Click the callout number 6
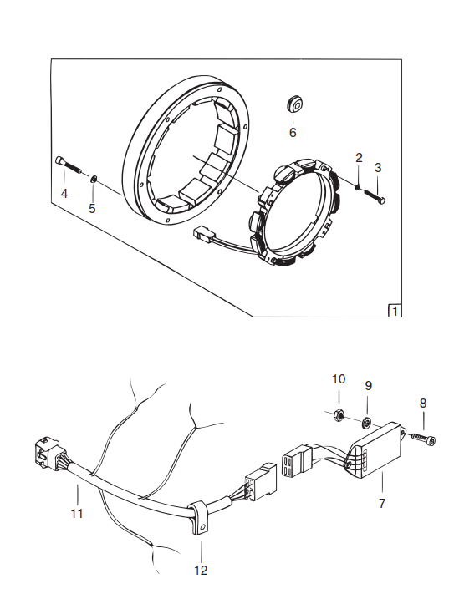point(293,133)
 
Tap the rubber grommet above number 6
point(295,104)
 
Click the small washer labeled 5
point(93,179)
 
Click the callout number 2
point(359,158)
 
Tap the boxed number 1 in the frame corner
point(395,311)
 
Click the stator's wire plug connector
point(202,234)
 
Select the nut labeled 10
point(339,414)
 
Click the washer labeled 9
point(366,423)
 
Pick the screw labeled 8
point(423,439)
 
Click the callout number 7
point(382,503)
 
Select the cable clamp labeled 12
point(200,517)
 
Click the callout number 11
point(77,513)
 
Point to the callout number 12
point(201,570)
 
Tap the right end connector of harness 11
point(260,482)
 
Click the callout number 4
point(64,193)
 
